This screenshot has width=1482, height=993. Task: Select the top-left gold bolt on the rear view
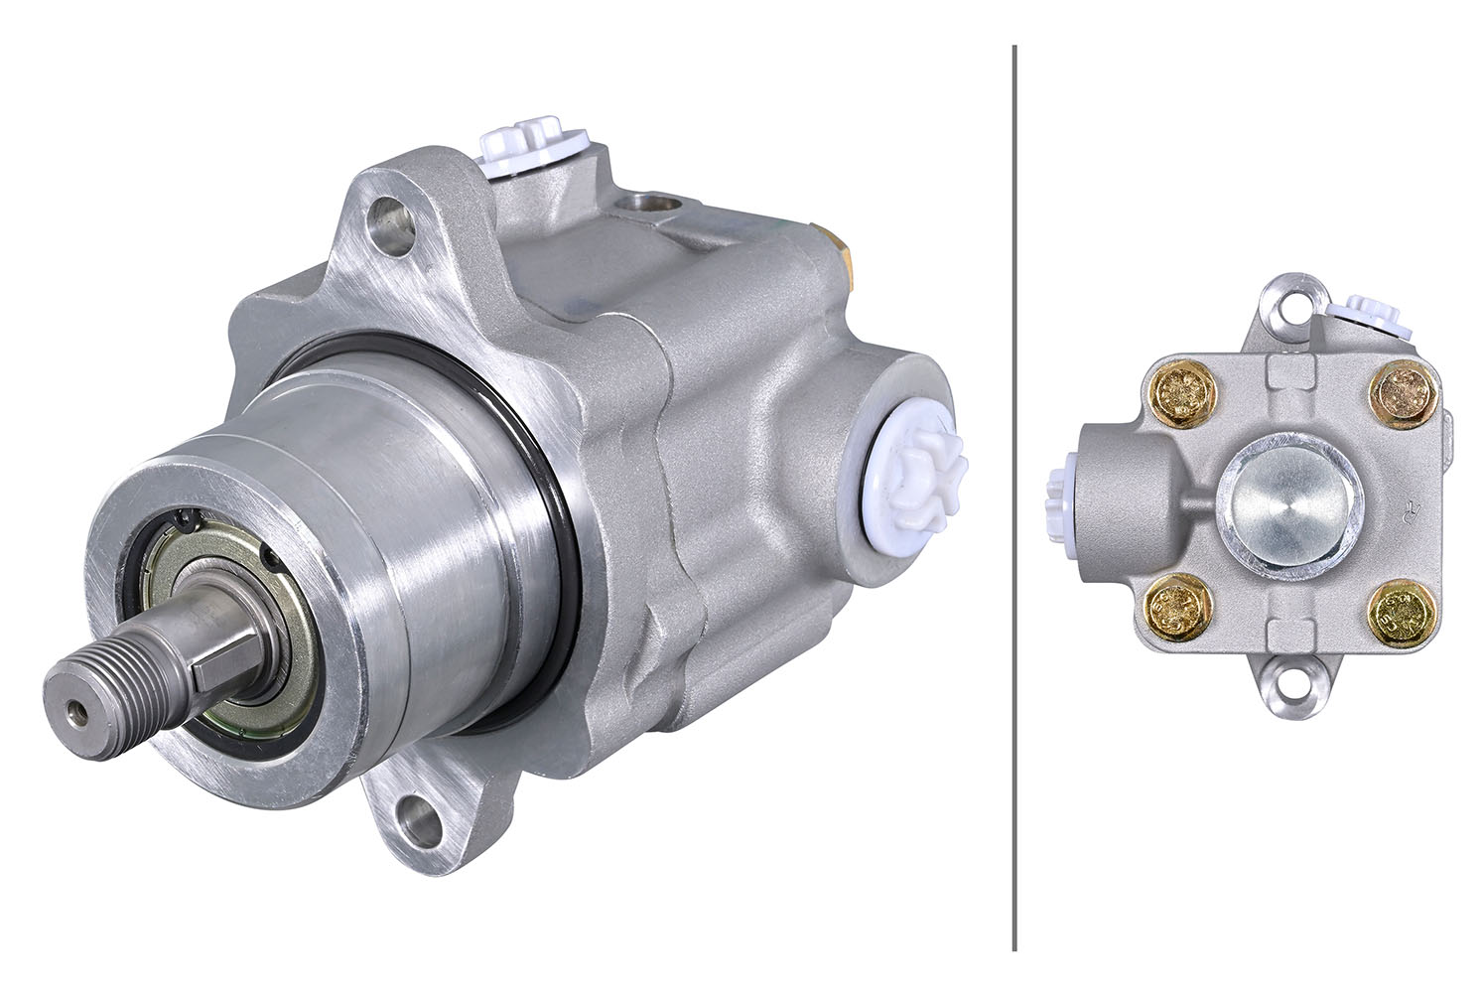[x=1181, y=392]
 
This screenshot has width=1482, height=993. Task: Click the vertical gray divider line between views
[x=1013, y=496]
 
